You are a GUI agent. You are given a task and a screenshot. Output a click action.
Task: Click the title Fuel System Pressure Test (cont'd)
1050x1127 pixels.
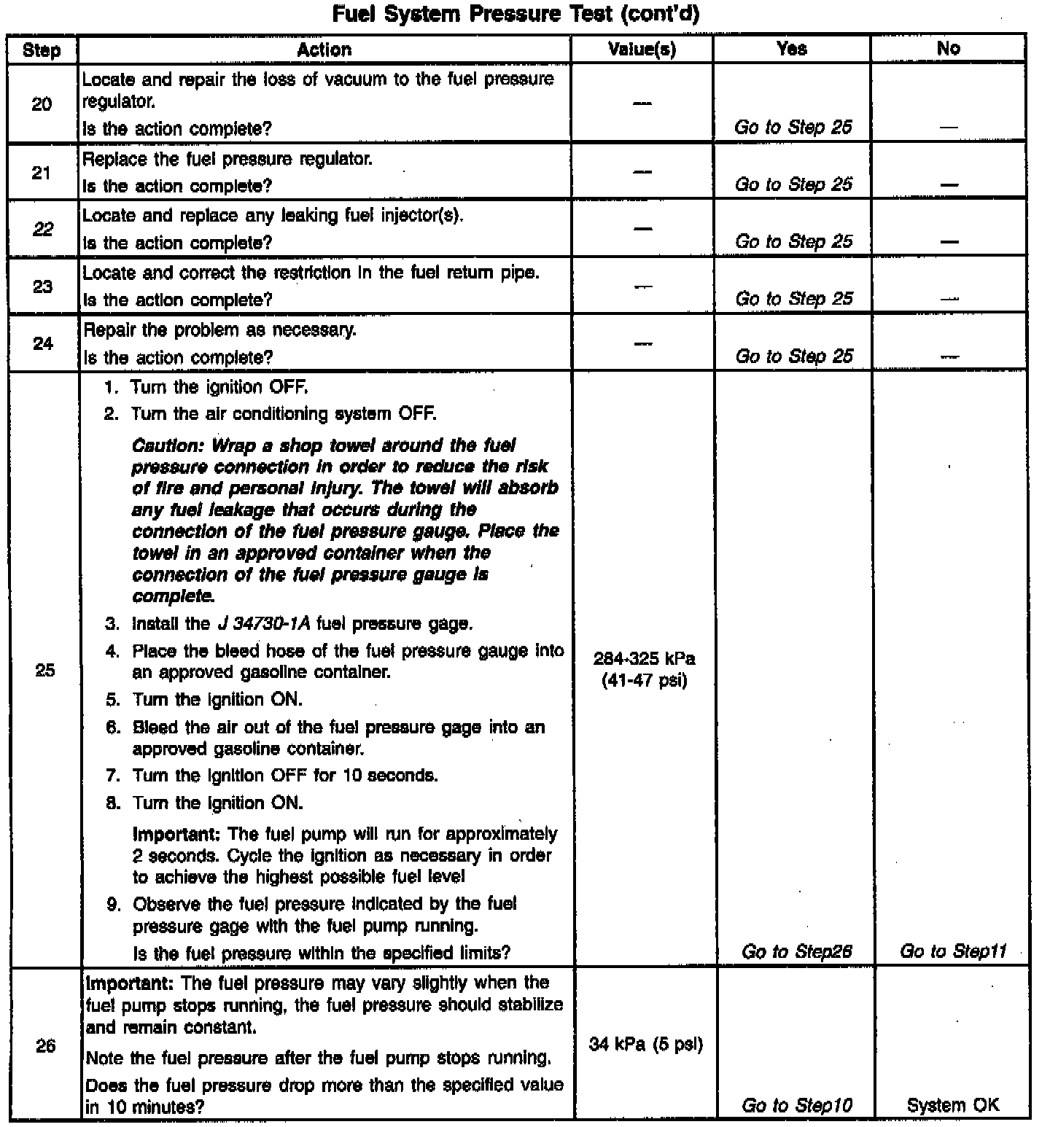click(x=516, y=15)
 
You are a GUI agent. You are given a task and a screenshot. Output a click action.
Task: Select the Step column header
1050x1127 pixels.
click(x=42, y=50)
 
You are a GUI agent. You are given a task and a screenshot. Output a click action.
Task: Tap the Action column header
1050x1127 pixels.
click(x=324, y=50)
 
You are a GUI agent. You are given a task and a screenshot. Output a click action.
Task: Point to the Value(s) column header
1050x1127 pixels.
click(x=642, y=50)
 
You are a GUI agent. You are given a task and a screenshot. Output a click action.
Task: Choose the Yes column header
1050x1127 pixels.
click(x=792, y=49)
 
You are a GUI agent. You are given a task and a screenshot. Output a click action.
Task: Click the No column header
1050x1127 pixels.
click(x=948, y=49)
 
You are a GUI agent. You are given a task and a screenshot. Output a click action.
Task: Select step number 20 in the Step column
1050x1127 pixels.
click(x=42, y=104)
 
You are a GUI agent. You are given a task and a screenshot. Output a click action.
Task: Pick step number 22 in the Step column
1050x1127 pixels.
click(x=43, y=230)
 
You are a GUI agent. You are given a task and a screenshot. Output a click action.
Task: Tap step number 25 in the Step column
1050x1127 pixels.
click(x=44, y=670)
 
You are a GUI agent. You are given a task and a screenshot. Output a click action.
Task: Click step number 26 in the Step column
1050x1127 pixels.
click(x=45, y=1046)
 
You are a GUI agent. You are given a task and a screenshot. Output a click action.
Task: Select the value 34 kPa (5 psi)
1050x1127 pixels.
click(x=645, y=1045)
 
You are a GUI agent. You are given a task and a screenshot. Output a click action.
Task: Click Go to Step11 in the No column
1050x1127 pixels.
click(x=953, y=951)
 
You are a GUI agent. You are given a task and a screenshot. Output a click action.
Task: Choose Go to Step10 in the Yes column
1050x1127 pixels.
click(x=796, y=1105)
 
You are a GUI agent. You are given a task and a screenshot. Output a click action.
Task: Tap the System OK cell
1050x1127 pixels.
click(x=953, y=1105)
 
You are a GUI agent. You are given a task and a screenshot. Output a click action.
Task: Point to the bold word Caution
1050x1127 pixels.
click(x=166, y=445)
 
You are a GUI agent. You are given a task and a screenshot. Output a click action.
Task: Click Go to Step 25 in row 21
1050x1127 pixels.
click(x=793, y=184)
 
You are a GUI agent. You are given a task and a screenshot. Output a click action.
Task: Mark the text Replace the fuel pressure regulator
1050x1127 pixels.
click(x=227, y=159)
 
